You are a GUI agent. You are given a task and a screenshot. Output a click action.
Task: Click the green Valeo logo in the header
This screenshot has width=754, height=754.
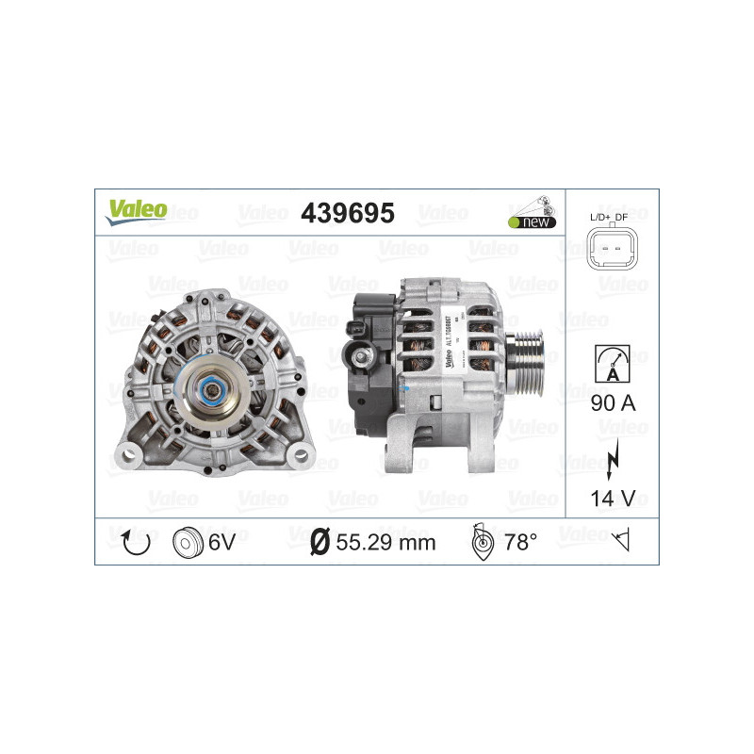tap(136, 210)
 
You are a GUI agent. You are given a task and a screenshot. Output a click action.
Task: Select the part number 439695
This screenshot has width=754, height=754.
tap(346, 213)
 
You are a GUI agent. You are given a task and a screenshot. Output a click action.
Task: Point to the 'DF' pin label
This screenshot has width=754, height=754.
tap(622, 218)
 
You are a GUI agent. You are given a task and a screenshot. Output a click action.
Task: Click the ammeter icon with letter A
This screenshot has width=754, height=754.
tap(611, 363)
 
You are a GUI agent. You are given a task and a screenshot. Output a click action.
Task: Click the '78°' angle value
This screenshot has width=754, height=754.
tap(520, 542)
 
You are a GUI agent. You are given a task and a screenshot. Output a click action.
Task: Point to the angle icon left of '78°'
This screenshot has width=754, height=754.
tap(483, 542)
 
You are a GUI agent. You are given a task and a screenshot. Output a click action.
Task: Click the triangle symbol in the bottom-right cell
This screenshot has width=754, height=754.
tap(620, 541)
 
